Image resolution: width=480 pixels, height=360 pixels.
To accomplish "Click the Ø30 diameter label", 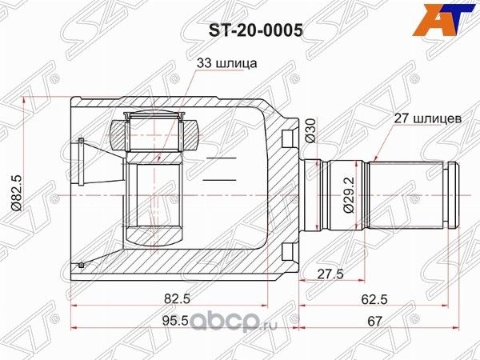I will pyautogui.click(x=310, y=130).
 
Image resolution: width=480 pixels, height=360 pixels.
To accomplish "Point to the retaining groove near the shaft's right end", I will pyautogui.click(x=446, y=191).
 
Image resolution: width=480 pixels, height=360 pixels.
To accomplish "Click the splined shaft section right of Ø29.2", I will pyautogui.click(x=408, y=191).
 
